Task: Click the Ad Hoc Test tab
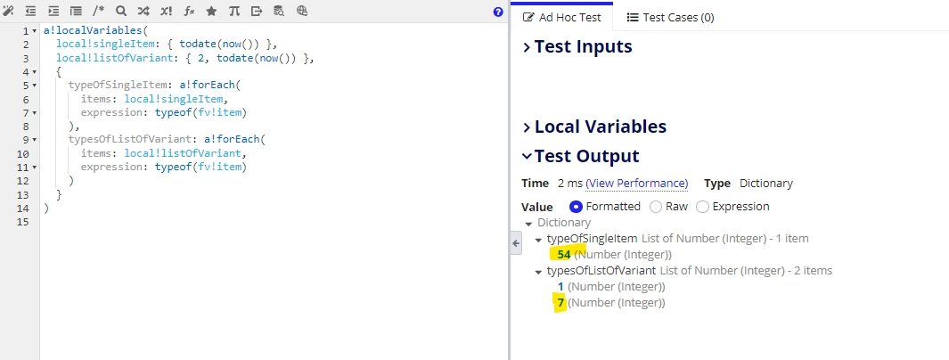pos(561,17)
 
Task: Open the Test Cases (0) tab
pos(670,17)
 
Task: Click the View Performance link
pos(637,184)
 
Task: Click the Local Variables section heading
pos(593,127)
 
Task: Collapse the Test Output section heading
pos(580,156)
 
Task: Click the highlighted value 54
pos(564,254)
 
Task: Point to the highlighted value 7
pos(561,302)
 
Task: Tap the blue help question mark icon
pos(498,12)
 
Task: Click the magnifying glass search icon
pos(121,11)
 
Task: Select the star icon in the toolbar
pos(211,11)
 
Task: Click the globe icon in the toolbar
pos(302,11)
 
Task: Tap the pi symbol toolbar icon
pos(233,11)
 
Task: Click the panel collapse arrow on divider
pos(516,243)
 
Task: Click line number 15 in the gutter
pos(22,222)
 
